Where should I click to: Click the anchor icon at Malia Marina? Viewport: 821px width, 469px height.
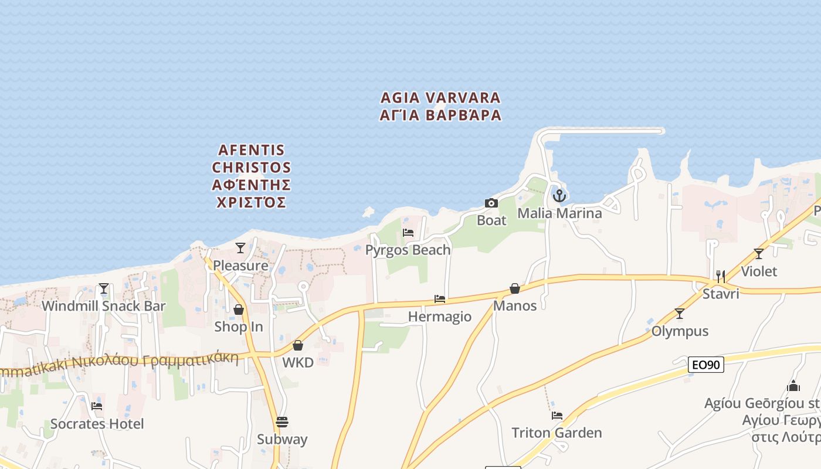pyautogui.click(x=559, y=195)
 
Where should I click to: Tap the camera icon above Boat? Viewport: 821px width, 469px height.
pyautogui.click(x=491, y=203)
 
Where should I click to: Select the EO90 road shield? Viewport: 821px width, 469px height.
pyautogui.click(x=705, y=365)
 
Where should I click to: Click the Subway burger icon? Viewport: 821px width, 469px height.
pyautogui.click(x=282, y=422)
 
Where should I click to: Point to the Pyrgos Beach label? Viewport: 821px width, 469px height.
pyautogui.click(x=408, y=250)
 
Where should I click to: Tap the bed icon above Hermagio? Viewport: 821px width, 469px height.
pyautogui.click(x=440, y=299)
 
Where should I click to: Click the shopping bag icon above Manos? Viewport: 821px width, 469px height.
pyautogui.click(x=515, y=288)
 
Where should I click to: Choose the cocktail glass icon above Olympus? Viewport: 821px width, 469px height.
pyautogui.click(x=680, y=314)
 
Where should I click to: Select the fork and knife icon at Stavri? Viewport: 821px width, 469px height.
pyautogui.click(x=721, y=276)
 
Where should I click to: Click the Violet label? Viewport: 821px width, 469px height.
pyautogui.click(x=759, y=271)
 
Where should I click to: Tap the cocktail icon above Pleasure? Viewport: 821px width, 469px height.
pyautogui.click(x=240, y=248)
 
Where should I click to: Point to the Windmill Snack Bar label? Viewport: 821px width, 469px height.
pyautogui.click(x=104, y=306)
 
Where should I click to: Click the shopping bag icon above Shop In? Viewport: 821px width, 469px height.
pyautogui.click(x=239, y=310)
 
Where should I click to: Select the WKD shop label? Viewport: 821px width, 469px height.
pyautogui.click(x=298, y=362)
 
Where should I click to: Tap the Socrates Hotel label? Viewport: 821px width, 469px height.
pyautogui.click(x=97, y=423)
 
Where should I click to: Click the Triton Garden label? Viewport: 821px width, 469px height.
pyautogui.click(x=557, y=433)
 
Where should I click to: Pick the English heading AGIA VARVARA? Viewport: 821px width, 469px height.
pyautogui.click(x=440, y=97)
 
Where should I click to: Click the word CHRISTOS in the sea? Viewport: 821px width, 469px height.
pyautogui.click(x=252, y=168)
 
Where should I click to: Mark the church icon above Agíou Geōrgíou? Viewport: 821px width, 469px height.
pyautogui.click(x=793, y=386)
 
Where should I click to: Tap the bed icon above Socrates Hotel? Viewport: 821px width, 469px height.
pyautogui.click(x=97, y=406)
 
